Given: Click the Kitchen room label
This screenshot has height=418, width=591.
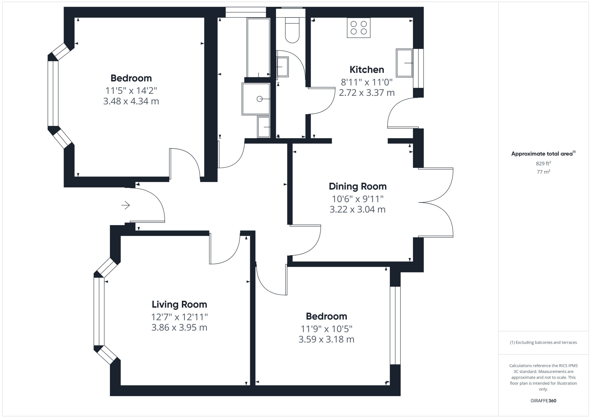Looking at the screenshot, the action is point(367,69).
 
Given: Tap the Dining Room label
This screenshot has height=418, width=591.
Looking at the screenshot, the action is point(358,186).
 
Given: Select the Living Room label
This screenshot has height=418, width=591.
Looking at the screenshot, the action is point(179,304).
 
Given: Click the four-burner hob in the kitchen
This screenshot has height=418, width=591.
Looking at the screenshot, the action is point(359,28).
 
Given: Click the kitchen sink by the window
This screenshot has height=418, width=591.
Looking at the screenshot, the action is point(404,63).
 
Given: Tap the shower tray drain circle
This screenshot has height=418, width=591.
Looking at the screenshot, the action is point(259,99).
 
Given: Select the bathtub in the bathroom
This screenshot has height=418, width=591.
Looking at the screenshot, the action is point(258,48).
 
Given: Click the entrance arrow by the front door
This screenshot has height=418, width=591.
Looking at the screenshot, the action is point(126,205).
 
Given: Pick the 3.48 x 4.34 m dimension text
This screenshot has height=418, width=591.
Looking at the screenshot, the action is point(131,101).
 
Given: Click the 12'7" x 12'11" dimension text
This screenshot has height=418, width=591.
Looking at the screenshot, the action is point(179,317).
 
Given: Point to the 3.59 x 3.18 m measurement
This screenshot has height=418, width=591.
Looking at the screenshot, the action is point(326,339).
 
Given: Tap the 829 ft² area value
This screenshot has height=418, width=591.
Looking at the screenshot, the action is point(543,163).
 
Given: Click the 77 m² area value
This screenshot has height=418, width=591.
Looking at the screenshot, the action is point(543,172).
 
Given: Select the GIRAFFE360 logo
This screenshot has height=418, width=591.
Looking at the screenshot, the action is point(543,401).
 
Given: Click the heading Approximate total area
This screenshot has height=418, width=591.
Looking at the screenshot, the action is point(543,154).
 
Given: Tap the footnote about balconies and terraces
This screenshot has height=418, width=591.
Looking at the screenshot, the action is point(543,342).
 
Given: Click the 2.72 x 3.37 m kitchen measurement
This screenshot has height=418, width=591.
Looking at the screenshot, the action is point(367,93).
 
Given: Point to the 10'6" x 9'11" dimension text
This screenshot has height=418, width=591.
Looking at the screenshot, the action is point(358,199).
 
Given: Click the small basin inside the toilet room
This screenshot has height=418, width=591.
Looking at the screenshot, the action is point(282,67).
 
